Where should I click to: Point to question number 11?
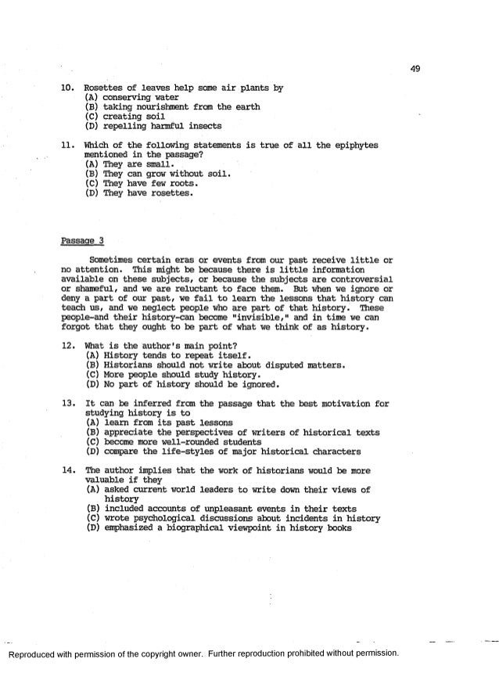pyautogui.click(x=68, y=146)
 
